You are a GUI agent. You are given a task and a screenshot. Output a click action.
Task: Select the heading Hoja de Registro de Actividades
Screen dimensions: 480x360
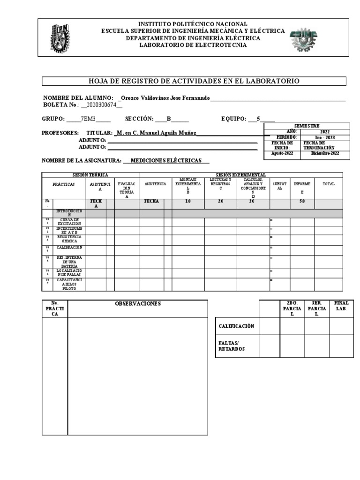coord(194,82)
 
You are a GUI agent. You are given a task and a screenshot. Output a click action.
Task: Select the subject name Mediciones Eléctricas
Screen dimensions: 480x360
coord(166,160)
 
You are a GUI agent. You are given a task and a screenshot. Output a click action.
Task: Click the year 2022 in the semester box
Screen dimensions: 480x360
coord(325,132)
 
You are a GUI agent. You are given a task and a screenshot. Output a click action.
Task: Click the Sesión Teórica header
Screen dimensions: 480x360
coord(90,175)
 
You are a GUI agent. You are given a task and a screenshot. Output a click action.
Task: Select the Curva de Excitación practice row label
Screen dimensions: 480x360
coord(69,222)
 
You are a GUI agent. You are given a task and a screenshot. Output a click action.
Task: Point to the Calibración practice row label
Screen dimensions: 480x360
coord(69,247)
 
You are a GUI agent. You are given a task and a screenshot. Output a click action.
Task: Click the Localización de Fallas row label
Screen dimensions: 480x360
coord(69,273)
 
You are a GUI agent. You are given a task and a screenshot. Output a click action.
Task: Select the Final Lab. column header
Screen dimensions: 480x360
coord(341,306)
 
